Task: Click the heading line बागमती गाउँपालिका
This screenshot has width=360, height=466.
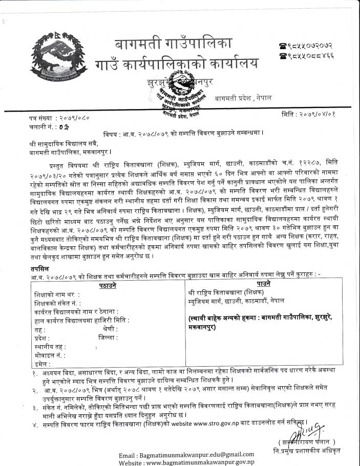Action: (x=174, y=42)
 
